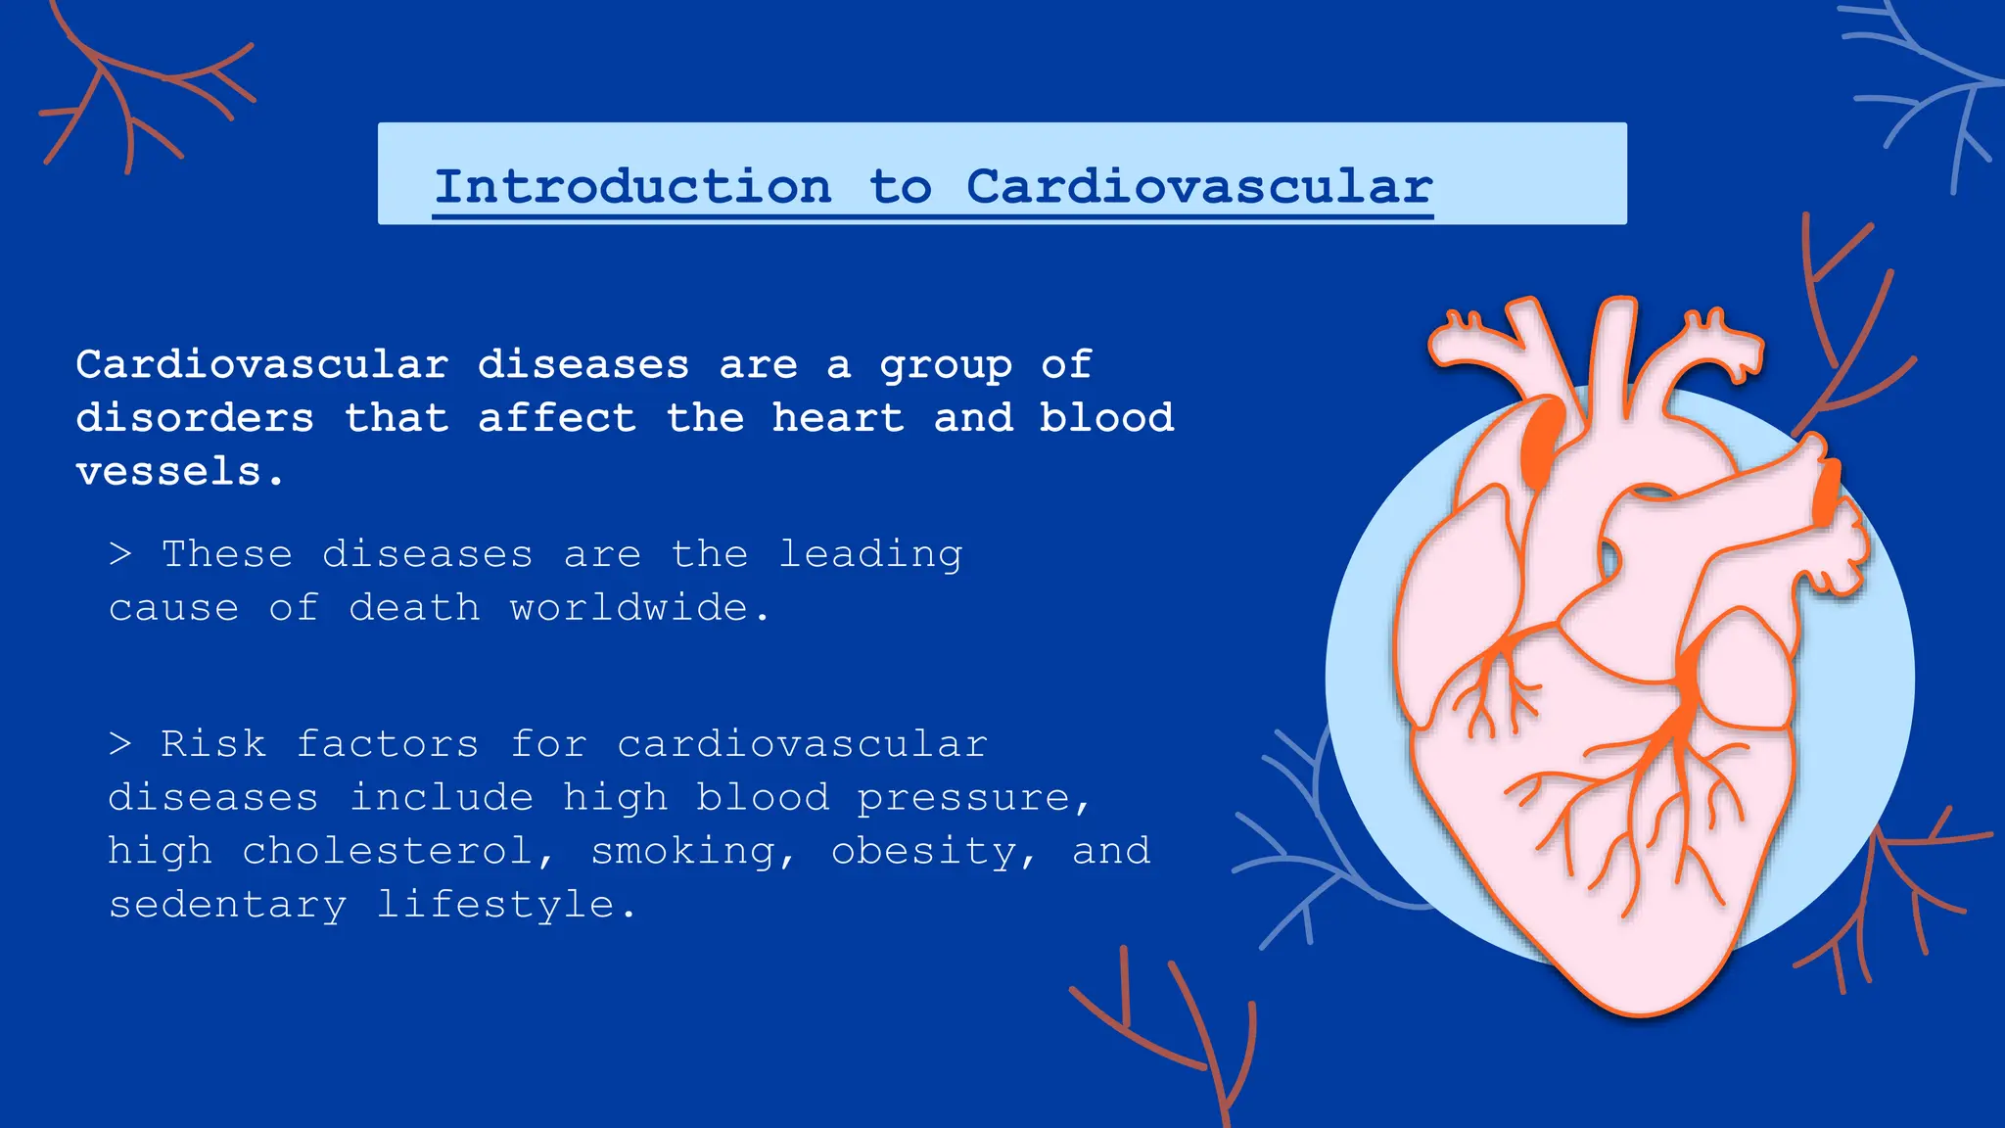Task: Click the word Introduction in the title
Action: coord(632,186)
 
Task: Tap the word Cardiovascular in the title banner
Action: coord(1199,186)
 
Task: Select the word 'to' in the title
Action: coord(900,186)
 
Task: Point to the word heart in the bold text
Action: coord(838,418)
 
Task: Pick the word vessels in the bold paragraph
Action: coord(168,472)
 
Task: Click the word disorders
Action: coord(195,418)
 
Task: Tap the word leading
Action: coord(870,555)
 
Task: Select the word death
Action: coord(414,608)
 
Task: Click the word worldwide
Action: coord(629,608)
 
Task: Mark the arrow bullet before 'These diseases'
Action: coord(120,554)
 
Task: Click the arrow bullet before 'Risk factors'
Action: coord(120,744)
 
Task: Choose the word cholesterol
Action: coord(387,851)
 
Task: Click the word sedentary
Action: coord(227,905)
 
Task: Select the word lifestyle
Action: coord(495,905)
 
